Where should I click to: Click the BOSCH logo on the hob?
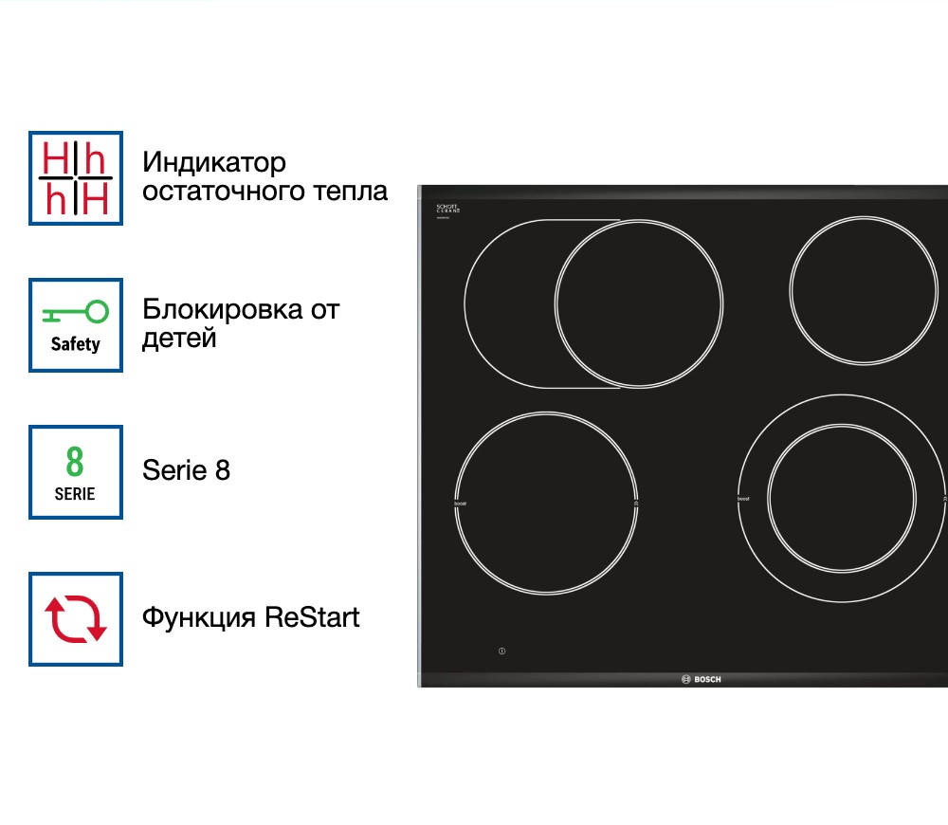tap(702, 679)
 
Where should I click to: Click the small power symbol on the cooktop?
tap(501, 651)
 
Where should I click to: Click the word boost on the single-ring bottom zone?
tap(461, 503)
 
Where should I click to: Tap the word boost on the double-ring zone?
tap(743, 499)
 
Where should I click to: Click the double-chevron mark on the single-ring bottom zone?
tap(635, 503)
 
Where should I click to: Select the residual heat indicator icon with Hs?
tap(76, 178)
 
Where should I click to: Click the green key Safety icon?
tap(76, 325)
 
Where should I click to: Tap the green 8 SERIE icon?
tap(76, 472)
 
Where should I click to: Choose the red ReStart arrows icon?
tap(76, 618)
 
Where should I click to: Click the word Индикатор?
tap(213, 163)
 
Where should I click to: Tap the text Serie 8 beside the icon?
tap(186, 470)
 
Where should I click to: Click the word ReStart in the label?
tap(312, 617)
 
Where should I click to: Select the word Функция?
tap(199, 617)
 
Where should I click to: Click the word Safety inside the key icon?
tap(76, 345)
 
